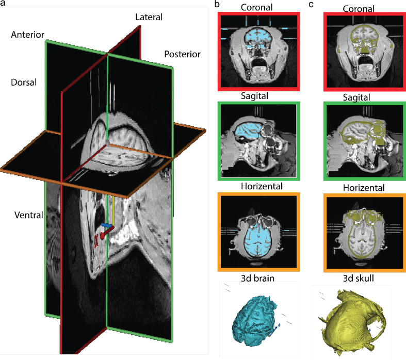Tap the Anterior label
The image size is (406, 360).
[27, 35]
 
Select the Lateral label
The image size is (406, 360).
[149, 17]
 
